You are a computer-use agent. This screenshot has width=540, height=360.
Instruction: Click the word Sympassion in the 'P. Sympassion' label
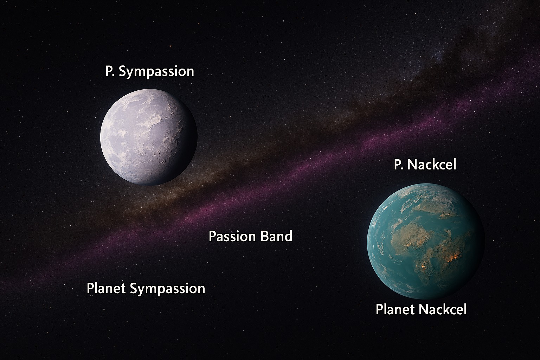[156, 72]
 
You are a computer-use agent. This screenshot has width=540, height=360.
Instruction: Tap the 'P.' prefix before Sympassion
[110, 71]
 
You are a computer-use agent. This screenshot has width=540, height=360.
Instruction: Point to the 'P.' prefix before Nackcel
[398, 165]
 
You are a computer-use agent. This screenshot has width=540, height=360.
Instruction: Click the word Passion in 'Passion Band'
[232, 236]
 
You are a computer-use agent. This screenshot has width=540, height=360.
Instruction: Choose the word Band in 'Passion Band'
[277, 236]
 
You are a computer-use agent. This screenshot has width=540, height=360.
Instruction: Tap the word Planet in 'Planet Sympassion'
[106, 288]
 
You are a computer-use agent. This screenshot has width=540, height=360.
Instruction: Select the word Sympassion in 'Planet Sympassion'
[168, 289]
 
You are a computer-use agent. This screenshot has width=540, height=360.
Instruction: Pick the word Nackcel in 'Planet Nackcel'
[443, 309]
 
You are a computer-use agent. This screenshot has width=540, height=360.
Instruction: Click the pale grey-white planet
[149, 137]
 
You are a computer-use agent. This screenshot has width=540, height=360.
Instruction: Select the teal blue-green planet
[426, 242]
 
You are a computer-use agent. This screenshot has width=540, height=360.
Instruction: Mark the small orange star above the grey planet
[171, 46]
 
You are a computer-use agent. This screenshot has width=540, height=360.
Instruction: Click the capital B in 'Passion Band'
[264, 236]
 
